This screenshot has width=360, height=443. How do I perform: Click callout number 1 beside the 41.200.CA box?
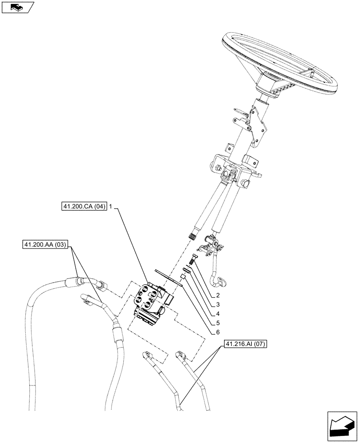[x=111, y=206]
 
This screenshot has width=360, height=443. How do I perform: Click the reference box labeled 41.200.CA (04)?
[x=84, y=206]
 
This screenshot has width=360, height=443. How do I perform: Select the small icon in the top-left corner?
[x=18, y=7]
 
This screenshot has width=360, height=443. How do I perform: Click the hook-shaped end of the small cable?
[x=219, y=281]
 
